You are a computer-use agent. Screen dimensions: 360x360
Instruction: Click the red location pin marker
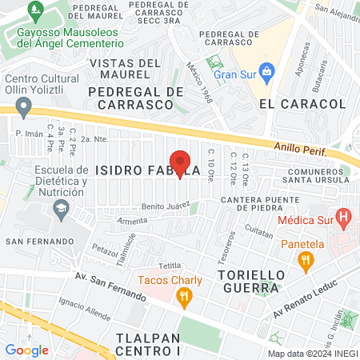tap(180, 163)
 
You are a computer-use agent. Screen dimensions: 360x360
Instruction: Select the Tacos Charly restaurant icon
tap(184, 298)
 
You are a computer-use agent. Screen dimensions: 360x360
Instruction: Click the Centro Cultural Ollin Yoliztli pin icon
tap(24, 105)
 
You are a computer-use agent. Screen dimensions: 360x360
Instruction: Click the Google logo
tap(26, 350)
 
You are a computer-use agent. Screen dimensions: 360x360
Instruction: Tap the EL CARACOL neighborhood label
tap(302, 104)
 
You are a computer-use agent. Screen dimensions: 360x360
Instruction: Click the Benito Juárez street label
tap(165, 206)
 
